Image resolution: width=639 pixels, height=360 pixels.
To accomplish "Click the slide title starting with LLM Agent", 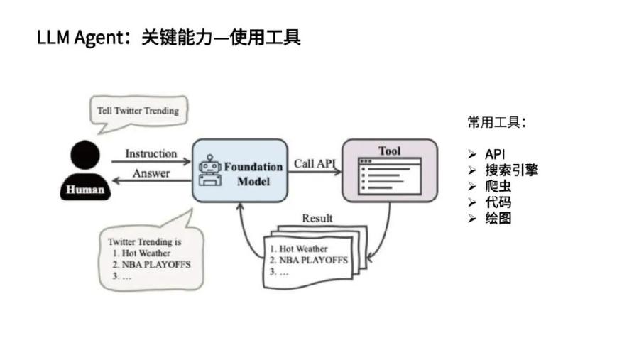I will [x=169, y=38].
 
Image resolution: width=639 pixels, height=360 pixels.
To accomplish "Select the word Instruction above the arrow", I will [x=151, y=153].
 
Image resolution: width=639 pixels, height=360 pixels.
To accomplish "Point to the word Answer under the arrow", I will [x=151, y=173].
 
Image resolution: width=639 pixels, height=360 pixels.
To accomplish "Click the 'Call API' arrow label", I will [x=315, y=163].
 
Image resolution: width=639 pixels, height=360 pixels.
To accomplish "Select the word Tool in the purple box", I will [x=389, y=151].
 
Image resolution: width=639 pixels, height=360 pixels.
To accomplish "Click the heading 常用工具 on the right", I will [x=496, y=122].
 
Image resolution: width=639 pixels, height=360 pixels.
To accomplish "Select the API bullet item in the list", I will [x=495, y=154].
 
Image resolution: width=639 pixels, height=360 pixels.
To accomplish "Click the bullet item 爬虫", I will [x=498, y=187].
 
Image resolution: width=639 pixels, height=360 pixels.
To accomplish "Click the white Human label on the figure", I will [x=85, y=190].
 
